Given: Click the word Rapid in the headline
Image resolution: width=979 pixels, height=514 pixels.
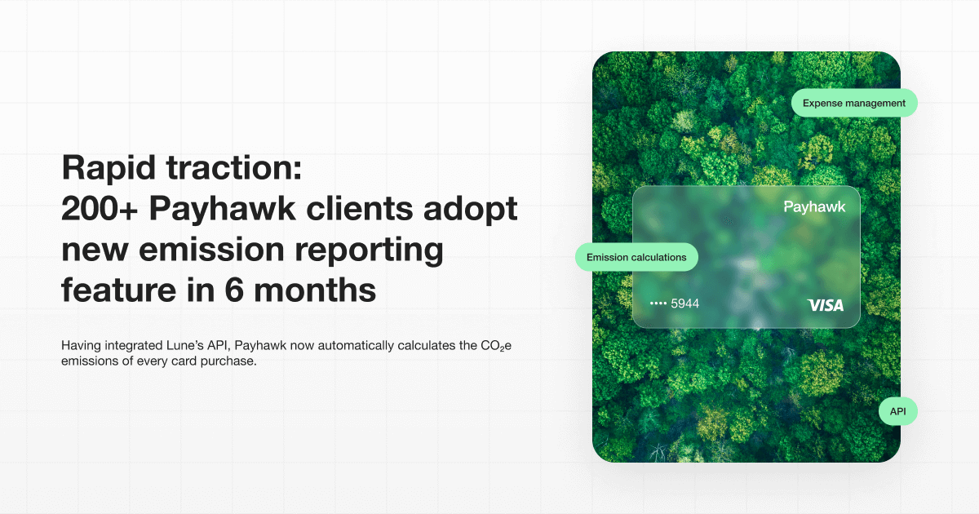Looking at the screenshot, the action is [109, 169].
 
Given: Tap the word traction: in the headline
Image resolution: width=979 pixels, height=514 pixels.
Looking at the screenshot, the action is [234, 168].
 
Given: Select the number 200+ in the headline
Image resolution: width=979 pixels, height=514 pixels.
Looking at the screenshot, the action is [100, 209].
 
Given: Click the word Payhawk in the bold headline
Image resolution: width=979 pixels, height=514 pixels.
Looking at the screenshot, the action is [223, 210].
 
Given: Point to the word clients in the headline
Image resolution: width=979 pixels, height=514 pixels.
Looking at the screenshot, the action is [360, 208].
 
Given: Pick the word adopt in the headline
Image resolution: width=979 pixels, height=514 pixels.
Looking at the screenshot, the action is [471, 210].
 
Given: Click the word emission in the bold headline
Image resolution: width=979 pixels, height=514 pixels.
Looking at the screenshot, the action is [211, 249].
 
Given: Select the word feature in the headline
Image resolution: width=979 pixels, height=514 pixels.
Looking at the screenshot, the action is [118, 290].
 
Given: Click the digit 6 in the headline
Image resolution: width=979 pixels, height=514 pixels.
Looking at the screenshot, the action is [234, 290].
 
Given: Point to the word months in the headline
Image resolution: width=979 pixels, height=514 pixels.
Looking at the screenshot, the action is [315, 290].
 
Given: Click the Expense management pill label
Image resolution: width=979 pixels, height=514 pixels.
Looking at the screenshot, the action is [854, 103].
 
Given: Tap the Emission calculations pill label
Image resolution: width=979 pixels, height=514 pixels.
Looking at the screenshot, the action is [636, 257].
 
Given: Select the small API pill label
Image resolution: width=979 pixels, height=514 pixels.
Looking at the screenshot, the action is [897, 411].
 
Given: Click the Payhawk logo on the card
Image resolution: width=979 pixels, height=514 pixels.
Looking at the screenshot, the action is [814, 206].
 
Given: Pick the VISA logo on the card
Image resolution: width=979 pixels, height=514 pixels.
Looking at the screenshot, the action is [825, 305].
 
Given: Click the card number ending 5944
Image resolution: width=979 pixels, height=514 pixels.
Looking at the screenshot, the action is [675, 304].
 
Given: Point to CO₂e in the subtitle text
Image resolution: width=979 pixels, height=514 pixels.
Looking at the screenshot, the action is [496, 346].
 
